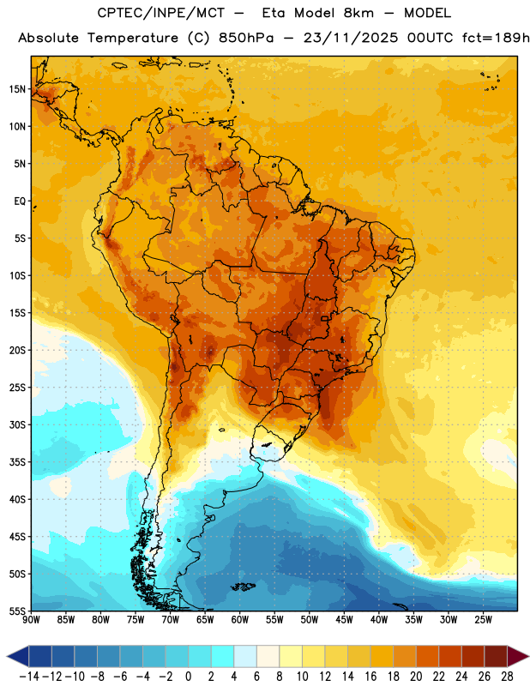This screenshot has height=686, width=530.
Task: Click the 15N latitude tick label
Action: [x=17, y=89]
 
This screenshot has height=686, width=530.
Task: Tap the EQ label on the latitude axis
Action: [x=20, y=202]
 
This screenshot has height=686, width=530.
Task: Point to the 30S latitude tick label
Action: [x=17, y=424]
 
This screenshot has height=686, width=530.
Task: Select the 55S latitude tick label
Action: [x=17, y=611]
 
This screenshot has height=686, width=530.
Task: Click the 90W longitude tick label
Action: [x=31, y=620]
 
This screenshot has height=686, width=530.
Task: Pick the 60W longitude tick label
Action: [x=240, y=620]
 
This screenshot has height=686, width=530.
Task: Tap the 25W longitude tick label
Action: [x=483, y=620]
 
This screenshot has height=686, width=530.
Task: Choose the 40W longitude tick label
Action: [x=379, y=620]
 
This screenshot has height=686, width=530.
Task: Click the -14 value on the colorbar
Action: [x=28, y=677]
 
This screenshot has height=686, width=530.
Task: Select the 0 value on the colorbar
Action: [x=188, y=677]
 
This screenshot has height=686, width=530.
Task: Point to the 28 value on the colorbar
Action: [x=507, y=677]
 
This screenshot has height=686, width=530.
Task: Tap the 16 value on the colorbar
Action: [x=370, y=677]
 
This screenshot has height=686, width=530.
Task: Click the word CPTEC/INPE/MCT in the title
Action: [x=161, y=13]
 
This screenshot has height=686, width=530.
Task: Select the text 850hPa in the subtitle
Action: [x=246, y=38]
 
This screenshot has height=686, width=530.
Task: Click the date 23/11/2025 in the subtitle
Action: [x=351, y=38]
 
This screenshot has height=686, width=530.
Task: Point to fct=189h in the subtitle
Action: [x=496, y=38]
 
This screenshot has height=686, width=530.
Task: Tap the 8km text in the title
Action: [x=358, y=13]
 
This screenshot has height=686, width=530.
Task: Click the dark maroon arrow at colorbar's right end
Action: [x=519, y=656]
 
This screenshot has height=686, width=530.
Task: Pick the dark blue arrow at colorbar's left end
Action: [x=18, y=656]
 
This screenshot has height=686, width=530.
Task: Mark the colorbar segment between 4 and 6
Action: [x=245, y=656]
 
